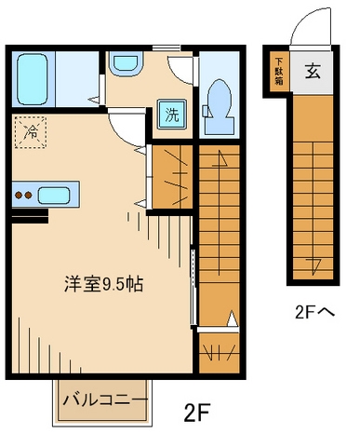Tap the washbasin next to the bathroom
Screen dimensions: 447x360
pyautogui.click(x=123, y=64)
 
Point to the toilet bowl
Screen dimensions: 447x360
pyautogui.click(x=220, y=102)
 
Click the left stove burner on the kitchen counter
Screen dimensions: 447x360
pyautogui.click(x=18, y=196)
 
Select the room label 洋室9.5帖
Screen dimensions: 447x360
pyautogui.click(x=101, y=284)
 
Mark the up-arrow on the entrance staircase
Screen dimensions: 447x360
pyautogui.click(x=315, y=264)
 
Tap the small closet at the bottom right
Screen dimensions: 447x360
pyautogui.click(x=220, y=353)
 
